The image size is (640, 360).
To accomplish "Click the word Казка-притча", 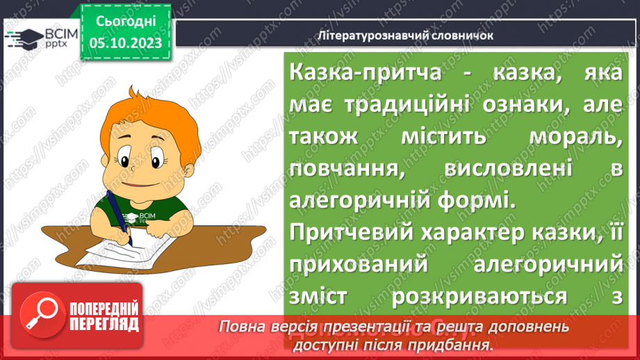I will tap(348, 72).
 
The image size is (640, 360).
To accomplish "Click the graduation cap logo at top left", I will tap(22, 37).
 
